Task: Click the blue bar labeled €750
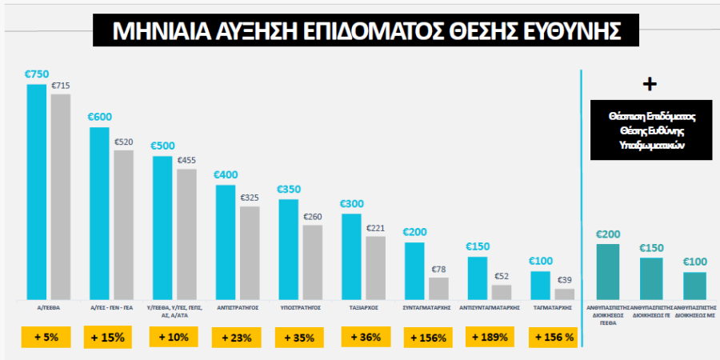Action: point(36,192)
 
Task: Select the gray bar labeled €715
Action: point(61,197)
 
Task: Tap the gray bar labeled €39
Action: point(565,294)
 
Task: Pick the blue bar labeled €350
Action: point(288,249)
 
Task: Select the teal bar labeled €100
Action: point(694,285)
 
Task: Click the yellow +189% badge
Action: point(490,338)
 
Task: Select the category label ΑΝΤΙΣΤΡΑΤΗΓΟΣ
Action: point(237,306)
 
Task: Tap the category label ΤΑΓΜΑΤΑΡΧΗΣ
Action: point(553,306)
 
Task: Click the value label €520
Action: point(124,142)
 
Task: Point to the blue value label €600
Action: point(99,117)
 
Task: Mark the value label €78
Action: point(439,270)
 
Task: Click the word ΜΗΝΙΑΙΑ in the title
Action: point(155,31)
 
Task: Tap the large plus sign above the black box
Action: point(650,84)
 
